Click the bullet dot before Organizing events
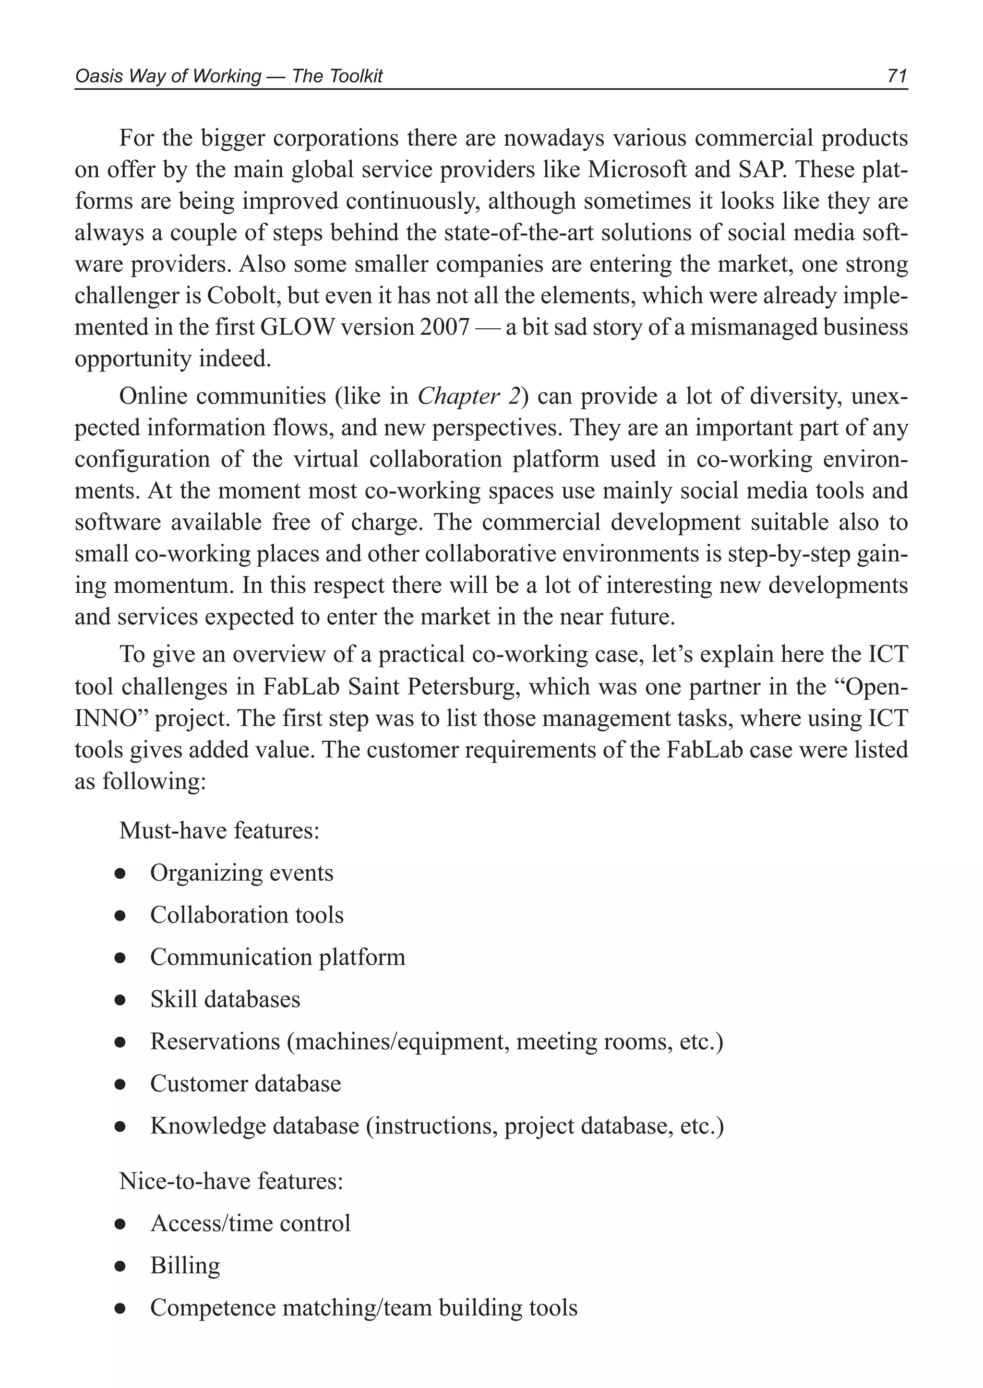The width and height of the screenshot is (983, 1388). [120, 874]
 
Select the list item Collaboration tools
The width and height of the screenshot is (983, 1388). [247, 915]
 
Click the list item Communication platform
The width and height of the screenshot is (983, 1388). [278, 957]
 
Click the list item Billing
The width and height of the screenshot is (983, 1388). [185, 1266]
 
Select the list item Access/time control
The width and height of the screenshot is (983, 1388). [251, 1223]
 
